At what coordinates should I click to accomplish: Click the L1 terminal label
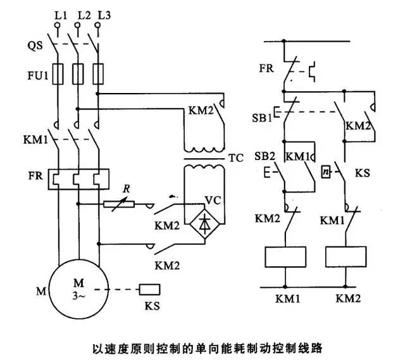click(x=61, y=16)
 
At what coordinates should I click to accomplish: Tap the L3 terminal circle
click(x=97, y=25)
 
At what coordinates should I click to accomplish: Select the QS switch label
click(x=35, y=46)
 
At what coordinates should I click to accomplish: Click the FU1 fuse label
click(x=38, y=75)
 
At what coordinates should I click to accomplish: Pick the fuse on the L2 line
click(x=78, y=74)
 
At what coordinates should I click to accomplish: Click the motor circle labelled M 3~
click(x=78, y=289)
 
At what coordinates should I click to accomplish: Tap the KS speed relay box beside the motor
click(x=149, y=290)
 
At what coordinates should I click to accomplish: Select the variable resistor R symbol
click(x=119, y=204)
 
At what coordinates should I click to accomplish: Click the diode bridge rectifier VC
click(x=205, y=224)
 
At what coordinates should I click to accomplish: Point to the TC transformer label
click(x=236, y=158)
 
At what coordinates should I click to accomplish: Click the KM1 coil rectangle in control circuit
click(x=285, y=257)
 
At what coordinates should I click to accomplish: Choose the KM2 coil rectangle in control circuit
click(x=346, y=257)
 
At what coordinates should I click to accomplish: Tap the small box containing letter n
click(x=326, y=171)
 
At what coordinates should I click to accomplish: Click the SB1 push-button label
click(x=262, y=118)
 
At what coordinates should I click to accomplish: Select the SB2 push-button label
click(x=265, y=156)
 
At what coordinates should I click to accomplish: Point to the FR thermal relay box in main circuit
click(x=78, y=180)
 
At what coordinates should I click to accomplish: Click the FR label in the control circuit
click(x=266, y=68)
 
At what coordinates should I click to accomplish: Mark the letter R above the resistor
click(x=127, y=189)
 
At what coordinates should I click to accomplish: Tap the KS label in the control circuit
click(x=362, y=173)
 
